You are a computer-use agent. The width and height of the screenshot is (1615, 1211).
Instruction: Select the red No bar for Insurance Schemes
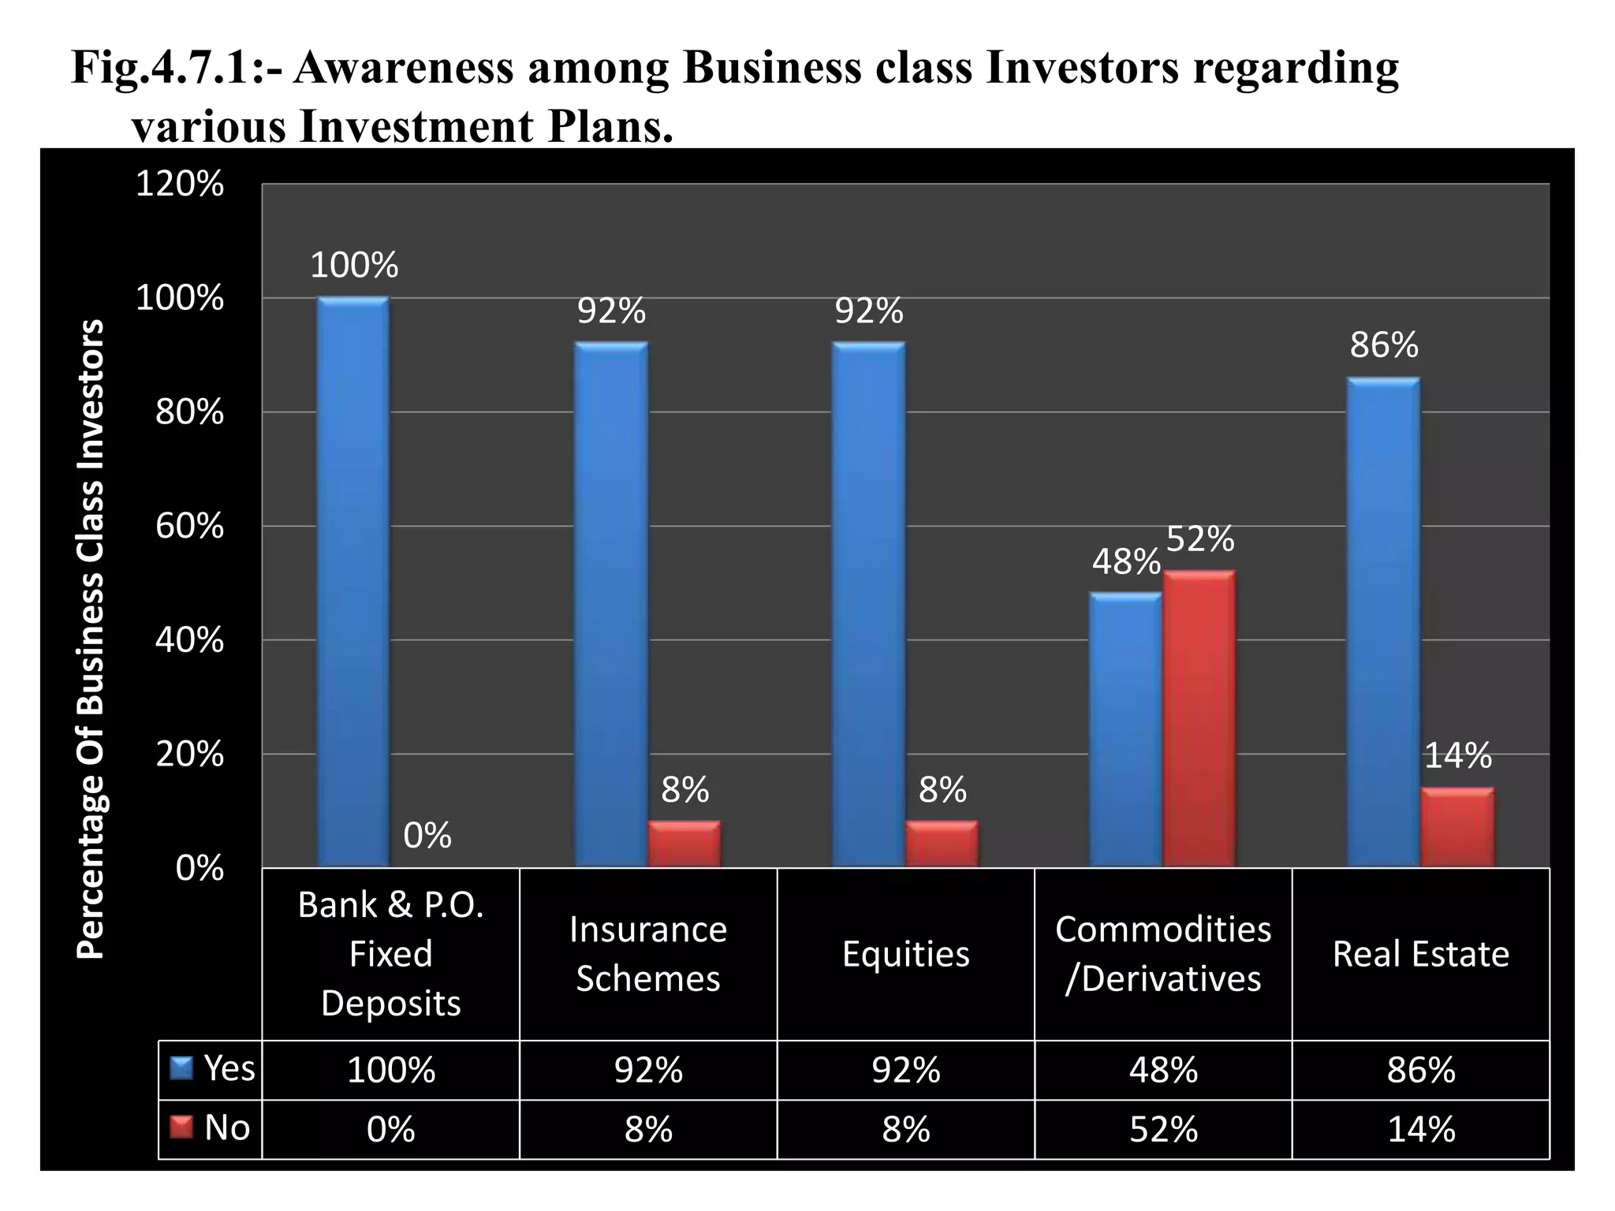(684, 844)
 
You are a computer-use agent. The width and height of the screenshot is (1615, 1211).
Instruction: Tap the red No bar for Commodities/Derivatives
(1199, 719)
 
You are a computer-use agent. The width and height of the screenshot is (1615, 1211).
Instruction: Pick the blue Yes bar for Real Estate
(1383, 623)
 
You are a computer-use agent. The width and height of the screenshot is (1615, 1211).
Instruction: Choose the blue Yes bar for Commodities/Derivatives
(1125, 730)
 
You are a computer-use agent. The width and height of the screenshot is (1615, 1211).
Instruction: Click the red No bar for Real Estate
(1457, 828)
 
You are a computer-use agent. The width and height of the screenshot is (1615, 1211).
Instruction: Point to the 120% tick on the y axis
(180, 185)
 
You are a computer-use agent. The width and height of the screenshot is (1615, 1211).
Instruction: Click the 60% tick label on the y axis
(189, 527)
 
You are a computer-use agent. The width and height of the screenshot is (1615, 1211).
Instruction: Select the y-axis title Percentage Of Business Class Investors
(90, 639)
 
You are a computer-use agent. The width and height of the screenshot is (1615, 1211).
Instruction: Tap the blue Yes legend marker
(182, 1069)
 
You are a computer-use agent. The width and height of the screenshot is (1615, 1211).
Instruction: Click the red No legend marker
(182, 1128)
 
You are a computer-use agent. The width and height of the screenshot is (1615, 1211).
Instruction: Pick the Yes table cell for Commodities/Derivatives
(1163, 1070)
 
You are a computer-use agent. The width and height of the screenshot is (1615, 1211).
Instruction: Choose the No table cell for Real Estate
(1420, 1129)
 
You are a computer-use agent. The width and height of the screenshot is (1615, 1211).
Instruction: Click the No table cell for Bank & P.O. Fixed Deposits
(390, 1129)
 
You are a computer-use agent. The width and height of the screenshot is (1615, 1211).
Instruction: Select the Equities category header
(905, 954)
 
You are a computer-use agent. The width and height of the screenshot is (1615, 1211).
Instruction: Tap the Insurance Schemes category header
(648, 954)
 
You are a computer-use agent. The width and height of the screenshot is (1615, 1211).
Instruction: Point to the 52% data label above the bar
(1199, 539)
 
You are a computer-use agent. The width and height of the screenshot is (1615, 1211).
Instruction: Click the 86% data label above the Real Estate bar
(1384, 345)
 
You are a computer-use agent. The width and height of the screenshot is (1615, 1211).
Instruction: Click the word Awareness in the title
(402, 68)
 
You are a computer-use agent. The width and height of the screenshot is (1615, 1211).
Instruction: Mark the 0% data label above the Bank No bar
(427, 836)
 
